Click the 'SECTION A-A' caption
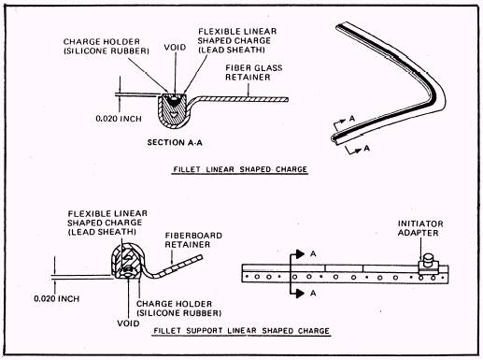coord(175,142)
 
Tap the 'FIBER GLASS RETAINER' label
coord(254,72)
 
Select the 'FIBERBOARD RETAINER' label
coord(193,239)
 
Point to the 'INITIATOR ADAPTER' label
coord(420,228)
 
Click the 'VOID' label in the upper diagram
coord(175,48)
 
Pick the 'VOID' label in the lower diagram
coord(128,324)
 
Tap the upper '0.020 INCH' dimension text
coord(119,119)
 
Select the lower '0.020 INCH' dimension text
coord(57,298)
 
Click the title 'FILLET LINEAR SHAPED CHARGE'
coord(240,169)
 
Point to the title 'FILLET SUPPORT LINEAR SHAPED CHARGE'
coord(241,331)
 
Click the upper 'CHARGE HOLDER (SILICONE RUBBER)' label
coord(107,46)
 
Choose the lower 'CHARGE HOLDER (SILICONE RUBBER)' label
coord(178,309)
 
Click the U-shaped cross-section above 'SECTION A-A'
coord(173,110)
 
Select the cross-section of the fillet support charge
coord(127,262)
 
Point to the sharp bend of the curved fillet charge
coord(437,93)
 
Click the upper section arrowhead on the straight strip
coord(300,254)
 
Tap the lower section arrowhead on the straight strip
coord(300,294)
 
